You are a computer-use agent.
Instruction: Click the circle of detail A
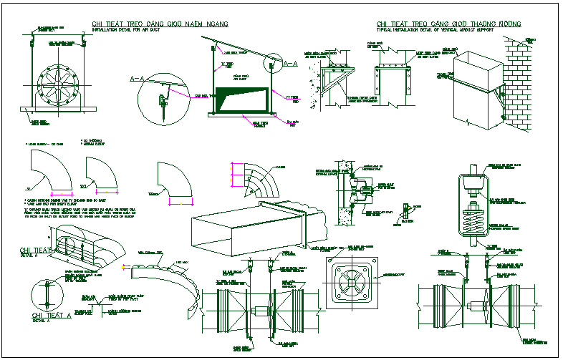click(x=47, y=295)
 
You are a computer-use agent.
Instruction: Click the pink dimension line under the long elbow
click(x=54, y=191)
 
